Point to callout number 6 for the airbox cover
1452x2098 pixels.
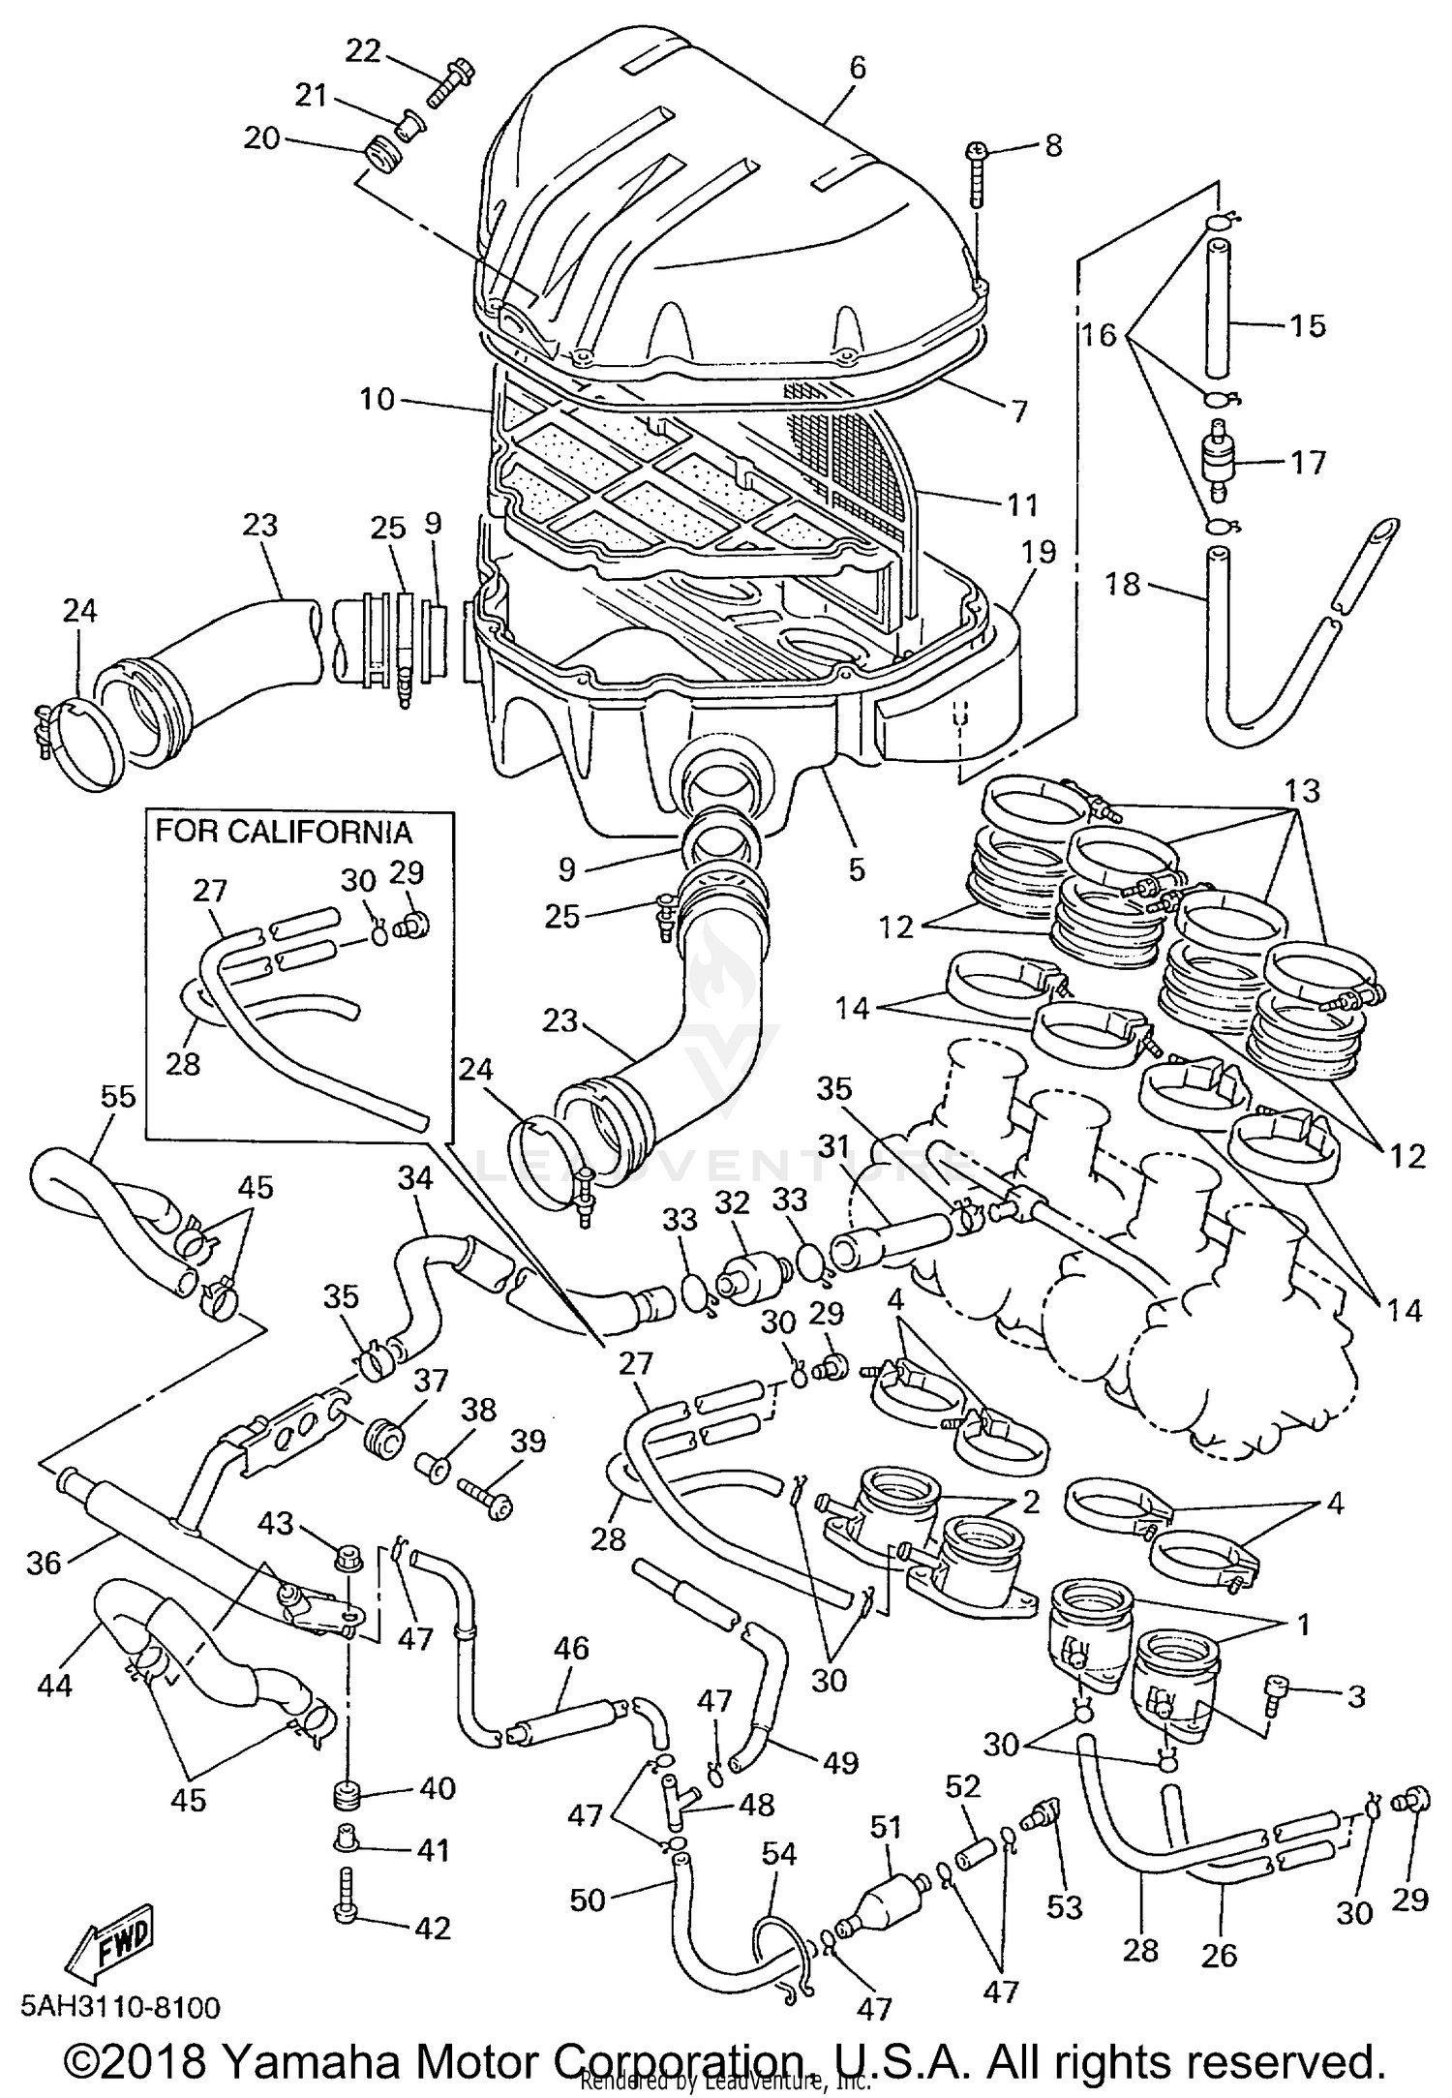click(x=856, y=68)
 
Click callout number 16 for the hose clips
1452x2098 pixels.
click(x=1100, y=336)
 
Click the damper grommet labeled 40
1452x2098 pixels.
click(x=347, y=1795)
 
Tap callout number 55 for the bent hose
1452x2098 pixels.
click(x=118, y=1097)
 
